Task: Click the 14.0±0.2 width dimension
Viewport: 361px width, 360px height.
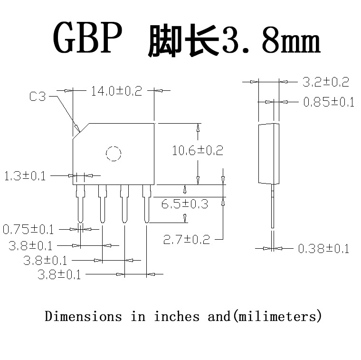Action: click(116, 91)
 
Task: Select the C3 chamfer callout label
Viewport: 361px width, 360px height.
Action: click(38, 97)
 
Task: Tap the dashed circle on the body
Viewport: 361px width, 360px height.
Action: click(114, 154)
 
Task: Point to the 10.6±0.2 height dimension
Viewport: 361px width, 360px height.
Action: click(197, 151)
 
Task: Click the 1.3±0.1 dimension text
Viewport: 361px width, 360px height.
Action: click(25, 176)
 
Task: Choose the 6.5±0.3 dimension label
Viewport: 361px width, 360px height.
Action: click(184, 204)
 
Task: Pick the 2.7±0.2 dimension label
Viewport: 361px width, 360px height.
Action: click(186, 240)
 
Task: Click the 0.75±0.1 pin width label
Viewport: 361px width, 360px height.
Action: click(28, 230)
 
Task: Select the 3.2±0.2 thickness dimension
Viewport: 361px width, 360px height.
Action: click(326, 82)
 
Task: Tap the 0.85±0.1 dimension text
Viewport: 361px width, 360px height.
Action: click(329, 102)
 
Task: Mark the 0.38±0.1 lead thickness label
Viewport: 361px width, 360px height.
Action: click(323, 248)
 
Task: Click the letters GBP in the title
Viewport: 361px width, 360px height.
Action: click(87, 38)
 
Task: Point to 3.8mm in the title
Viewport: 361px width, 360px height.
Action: click(271, 42)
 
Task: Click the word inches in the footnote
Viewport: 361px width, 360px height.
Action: click(177, 316)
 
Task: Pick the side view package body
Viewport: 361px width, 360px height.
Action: click(268, 154)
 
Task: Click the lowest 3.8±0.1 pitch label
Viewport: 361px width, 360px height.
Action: click(59, 275)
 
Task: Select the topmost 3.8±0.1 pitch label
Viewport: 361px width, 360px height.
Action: click(30, 246)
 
